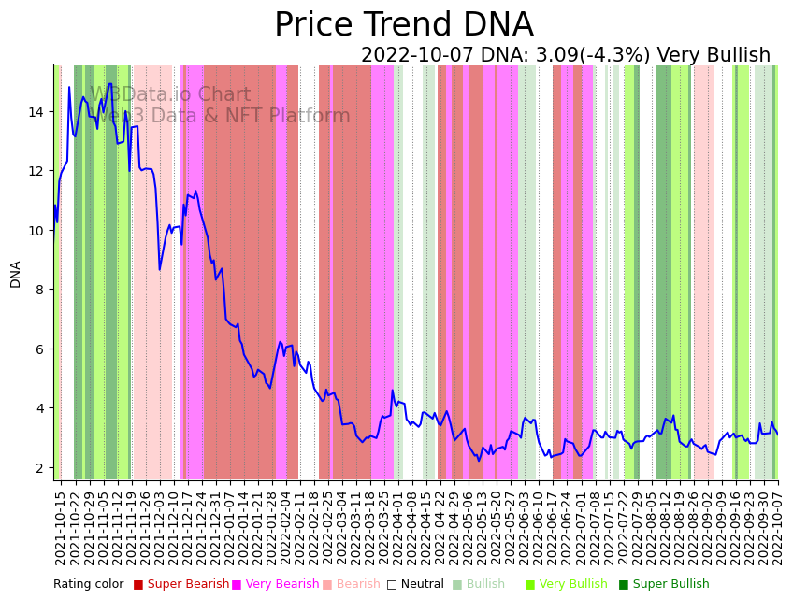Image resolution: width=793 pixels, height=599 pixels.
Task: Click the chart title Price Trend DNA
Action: click(x=403, y=25)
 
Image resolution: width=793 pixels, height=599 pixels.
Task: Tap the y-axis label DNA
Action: click(x=16, y=274)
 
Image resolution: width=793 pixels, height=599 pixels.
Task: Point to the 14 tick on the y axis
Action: click(x=36, y=112)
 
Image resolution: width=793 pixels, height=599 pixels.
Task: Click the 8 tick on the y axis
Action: click(x=40, y=290)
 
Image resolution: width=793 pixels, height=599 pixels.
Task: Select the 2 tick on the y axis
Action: click(x=40, y=467)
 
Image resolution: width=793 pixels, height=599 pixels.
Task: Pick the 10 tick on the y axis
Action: click(x=36, y=231)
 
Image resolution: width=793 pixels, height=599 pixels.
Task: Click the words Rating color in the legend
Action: click(x=88, y=585)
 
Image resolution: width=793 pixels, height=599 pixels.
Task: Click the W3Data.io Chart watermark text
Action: click(x=170, y=95)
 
